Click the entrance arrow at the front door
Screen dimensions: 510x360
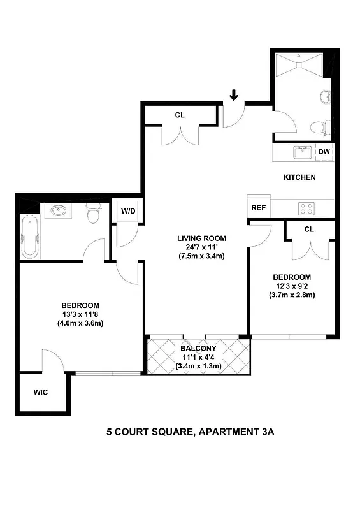pyautogui.click(x=234, y=96)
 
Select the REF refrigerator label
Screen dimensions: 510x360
pyautogui.click(x=258, y=207)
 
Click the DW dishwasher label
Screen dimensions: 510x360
pyautogui.click(x=324, y=152)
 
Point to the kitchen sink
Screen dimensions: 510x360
pyautogui.click(x=301, y=152)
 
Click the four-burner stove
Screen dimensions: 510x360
pyautogui.click(x=306, y=207)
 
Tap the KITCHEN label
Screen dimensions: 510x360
pyautogui.click(x=299, y=177)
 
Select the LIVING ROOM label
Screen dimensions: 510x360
pyautogui.click(x=202, y=238)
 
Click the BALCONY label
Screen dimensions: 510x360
pyautogui.click(x=198, y=349)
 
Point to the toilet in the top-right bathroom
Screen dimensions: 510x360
pyautogui.click(x=320, y=128)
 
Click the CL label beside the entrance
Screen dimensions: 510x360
pyautogui.click(x=180, y=115)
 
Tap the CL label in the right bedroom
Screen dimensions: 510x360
pyautogui.click(x=309, y=229)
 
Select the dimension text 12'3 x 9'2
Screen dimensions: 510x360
pyautogui.click(x=292, y=286)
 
